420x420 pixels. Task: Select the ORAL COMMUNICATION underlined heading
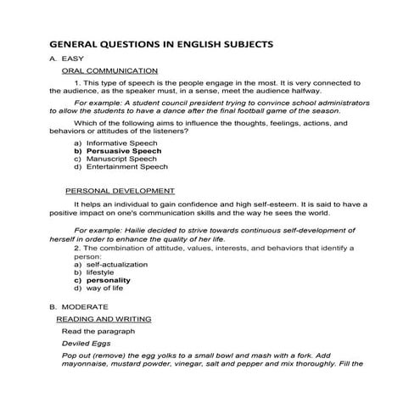110,70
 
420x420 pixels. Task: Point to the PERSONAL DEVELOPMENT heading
120,191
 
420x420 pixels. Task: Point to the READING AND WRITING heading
104,319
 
